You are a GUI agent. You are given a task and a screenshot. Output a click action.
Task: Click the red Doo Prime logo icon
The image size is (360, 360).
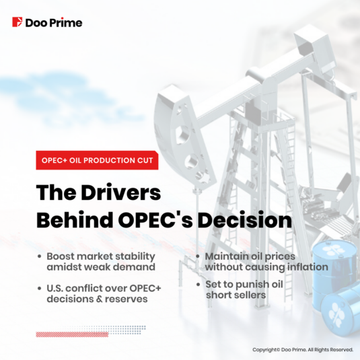(17, 22)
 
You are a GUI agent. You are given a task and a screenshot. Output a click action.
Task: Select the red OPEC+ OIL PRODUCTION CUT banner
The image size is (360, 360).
(97, 160)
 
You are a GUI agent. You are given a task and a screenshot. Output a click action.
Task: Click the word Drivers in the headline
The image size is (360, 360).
(121, 192)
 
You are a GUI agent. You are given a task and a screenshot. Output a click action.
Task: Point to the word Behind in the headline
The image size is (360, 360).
(75, 220)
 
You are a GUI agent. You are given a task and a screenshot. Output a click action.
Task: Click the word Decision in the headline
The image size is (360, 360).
(245, 220)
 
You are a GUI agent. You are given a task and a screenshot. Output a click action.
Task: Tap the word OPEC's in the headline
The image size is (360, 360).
(155, 220)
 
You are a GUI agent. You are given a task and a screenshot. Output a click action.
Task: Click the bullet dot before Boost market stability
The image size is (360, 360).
(40, 256)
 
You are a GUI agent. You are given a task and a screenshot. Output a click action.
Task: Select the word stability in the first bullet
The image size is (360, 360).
(135, 257)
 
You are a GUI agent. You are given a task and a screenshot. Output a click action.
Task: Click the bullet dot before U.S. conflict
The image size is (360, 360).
(40, 289)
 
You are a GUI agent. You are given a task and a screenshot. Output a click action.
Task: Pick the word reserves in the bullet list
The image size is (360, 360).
(126, 299)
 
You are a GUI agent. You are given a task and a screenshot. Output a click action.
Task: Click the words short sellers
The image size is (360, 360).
(236, 295)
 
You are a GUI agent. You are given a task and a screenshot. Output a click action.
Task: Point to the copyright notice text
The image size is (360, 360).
(303, 350)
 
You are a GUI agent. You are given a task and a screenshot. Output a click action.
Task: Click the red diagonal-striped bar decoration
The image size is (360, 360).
(72, 334)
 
